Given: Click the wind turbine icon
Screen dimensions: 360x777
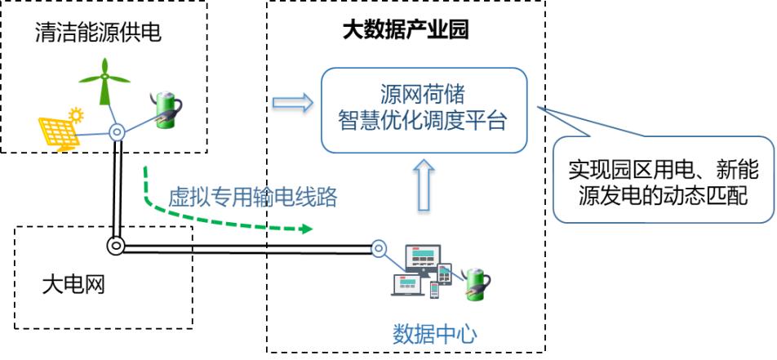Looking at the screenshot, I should coord(104,82).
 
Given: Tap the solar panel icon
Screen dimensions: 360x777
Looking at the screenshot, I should coord(59,131).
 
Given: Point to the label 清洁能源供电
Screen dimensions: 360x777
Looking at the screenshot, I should coord(97,33).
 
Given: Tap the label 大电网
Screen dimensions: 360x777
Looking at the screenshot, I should coord(73,285).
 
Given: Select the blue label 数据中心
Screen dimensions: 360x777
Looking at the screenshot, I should coord(435,333).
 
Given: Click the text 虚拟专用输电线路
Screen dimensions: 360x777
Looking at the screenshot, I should coord(252,197).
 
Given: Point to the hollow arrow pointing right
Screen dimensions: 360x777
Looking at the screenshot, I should coord(292,104).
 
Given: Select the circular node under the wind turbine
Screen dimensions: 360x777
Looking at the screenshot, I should coord(118,131).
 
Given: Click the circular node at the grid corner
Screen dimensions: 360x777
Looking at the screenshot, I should coord(117,245).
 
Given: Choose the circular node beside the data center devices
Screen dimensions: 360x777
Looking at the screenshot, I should coord(378,247).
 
